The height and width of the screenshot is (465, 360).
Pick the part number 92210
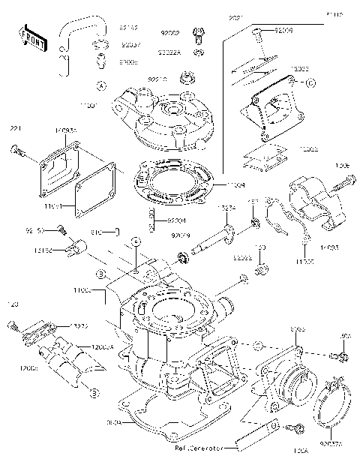(x=156, y=78)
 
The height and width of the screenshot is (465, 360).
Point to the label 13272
(x=81, y=326)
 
